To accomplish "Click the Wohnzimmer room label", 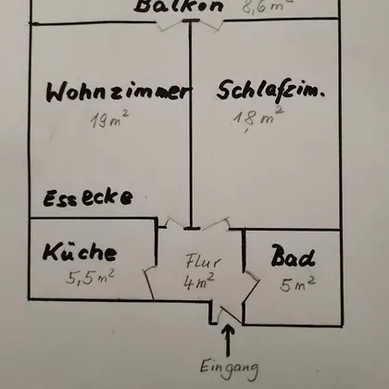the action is (x=119, y=92).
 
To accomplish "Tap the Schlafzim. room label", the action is (x=270, y=91).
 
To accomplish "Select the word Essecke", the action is (x=88, y=197).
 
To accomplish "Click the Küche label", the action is (x=80, y=251).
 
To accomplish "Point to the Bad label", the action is (x=293, y=256).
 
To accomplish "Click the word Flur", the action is (x=203, y=261).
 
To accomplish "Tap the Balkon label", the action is (x=179, y=6).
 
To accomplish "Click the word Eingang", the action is (x=230, y=368).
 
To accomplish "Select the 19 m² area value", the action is (x=109, y=119).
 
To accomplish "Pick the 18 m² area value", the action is (x=258, y=118).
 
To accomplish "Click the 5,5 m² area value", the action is (x=90, y=277).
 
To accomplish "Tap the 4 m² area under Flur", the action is (x=199, y=281).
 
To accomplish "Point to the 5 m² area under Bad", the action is (x=297, y=284).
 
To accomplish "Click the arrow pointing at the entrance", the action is (x=228, y=340).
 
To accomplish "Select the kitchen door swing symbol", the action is (x=149, y=282).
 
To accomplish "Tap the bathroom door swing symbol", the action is (x=251, y=287).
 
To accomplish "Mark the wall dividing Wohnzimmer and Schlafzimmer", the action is (x=191, y=124).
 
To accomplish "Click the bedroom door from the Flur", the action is (x=216, y=224).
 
